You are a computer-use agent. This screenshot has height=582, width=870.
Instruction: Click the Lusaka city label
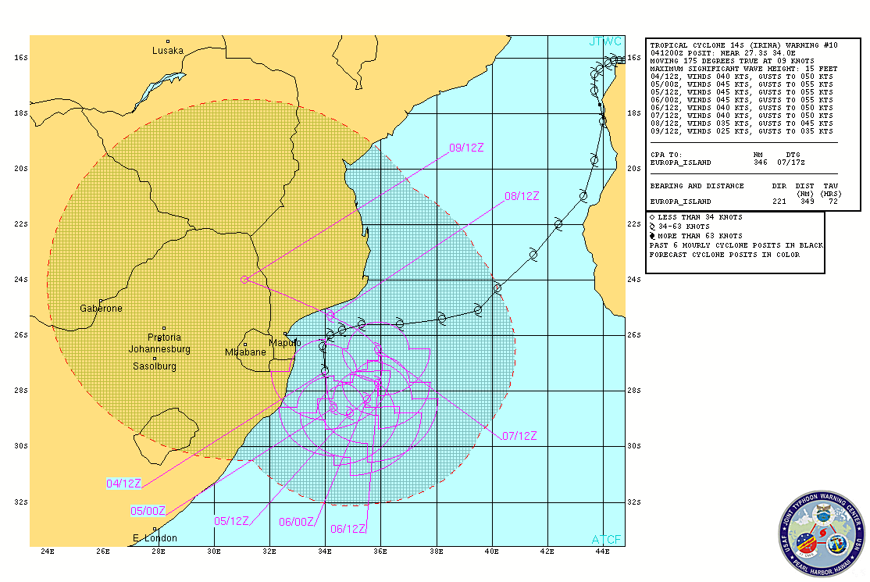(x=168, y=51)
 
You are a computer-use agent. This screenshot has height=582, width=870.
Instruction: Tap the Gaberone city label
(x=101, y=309)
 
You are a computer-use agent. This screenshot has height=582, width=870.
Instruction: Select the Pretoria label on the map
(x=164, y=337)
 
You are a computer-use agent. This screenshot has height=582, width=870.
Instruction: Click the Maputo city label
(x=284, y=343)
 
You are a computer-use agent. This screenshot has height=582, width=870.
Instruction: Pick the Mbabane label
(x=245, y=352)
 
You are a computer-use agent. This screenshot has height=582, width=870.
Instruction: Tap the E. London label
(x=155, y=537)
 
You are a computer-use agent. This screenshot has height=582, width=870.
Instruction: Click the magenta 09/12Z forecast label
(x=465, y=147)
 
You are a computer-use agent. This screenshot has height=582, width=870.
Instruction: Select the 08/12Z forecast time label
(x=522, y=196)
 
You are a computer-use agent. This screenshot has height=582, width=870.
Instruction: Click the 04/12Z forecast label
(x=123, y=484)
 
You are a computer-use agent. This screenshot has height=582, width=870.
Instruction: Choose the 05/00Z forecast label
(x=148, y=511)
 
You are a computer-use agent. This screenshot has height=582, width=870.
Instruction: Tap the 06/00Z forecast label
(x=298, y=522)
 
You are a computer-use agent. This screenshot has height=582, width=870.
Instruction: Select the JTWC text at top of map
(x=605, y=41)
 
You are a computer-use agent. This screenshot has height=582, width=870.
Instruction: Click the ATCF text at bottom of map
(x=607, y=540)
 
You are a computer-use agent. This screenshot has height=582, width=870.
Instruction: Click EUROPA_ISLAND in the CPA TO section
(x=680, y=162)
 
